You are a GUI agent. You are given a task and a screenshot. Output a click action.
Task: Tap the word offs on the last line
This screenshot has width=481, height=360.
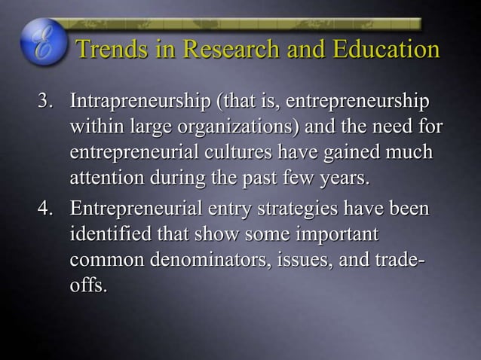pos(86,283)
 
